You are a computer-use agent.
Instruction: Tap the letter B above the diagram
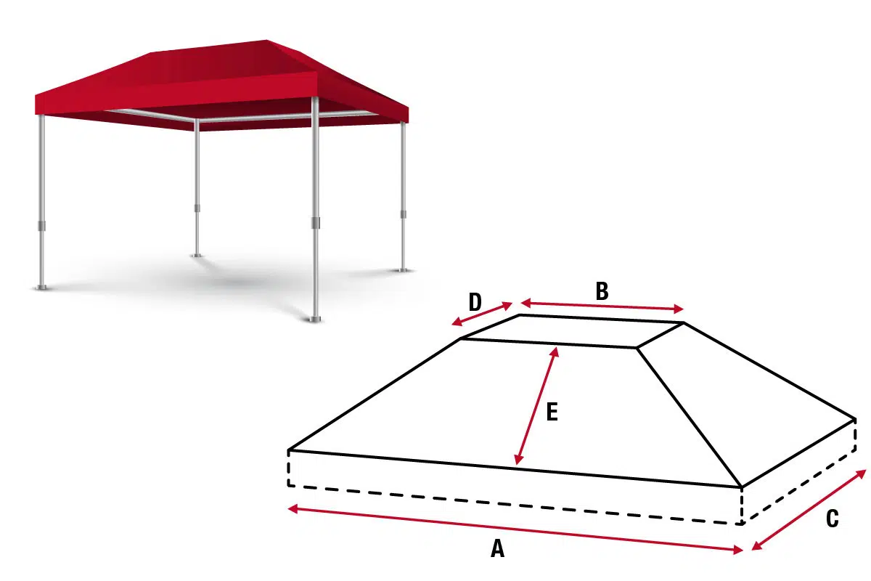coord(602,291)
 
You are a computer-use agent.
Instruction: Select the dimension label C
coord(832,519)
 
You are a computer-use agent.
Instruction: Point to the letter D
coord(475,301)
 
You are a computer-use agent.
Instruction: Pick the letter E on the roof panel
coord(552,412)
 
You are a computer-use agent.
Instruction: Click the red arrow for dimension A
coord(515,529)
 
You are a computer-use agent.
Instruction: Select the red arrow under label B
coord(602,306)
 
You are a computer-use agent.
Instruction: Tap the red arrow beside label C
coord(809,510)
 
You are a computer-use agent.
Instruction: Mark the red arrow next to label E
coord(536,407)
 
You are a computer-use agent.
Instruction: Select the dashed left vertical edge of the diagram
coord(289,468)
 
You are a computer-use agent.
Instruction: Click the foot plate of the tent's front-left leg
coord(43,288)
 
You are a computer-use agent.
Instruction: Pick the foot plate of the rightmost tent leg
coord(403,269)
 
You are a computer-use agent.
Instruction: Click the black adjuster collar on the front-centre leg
coord(316,222)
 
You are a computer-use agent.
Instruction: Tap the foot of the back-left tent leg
coord(197,255)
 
